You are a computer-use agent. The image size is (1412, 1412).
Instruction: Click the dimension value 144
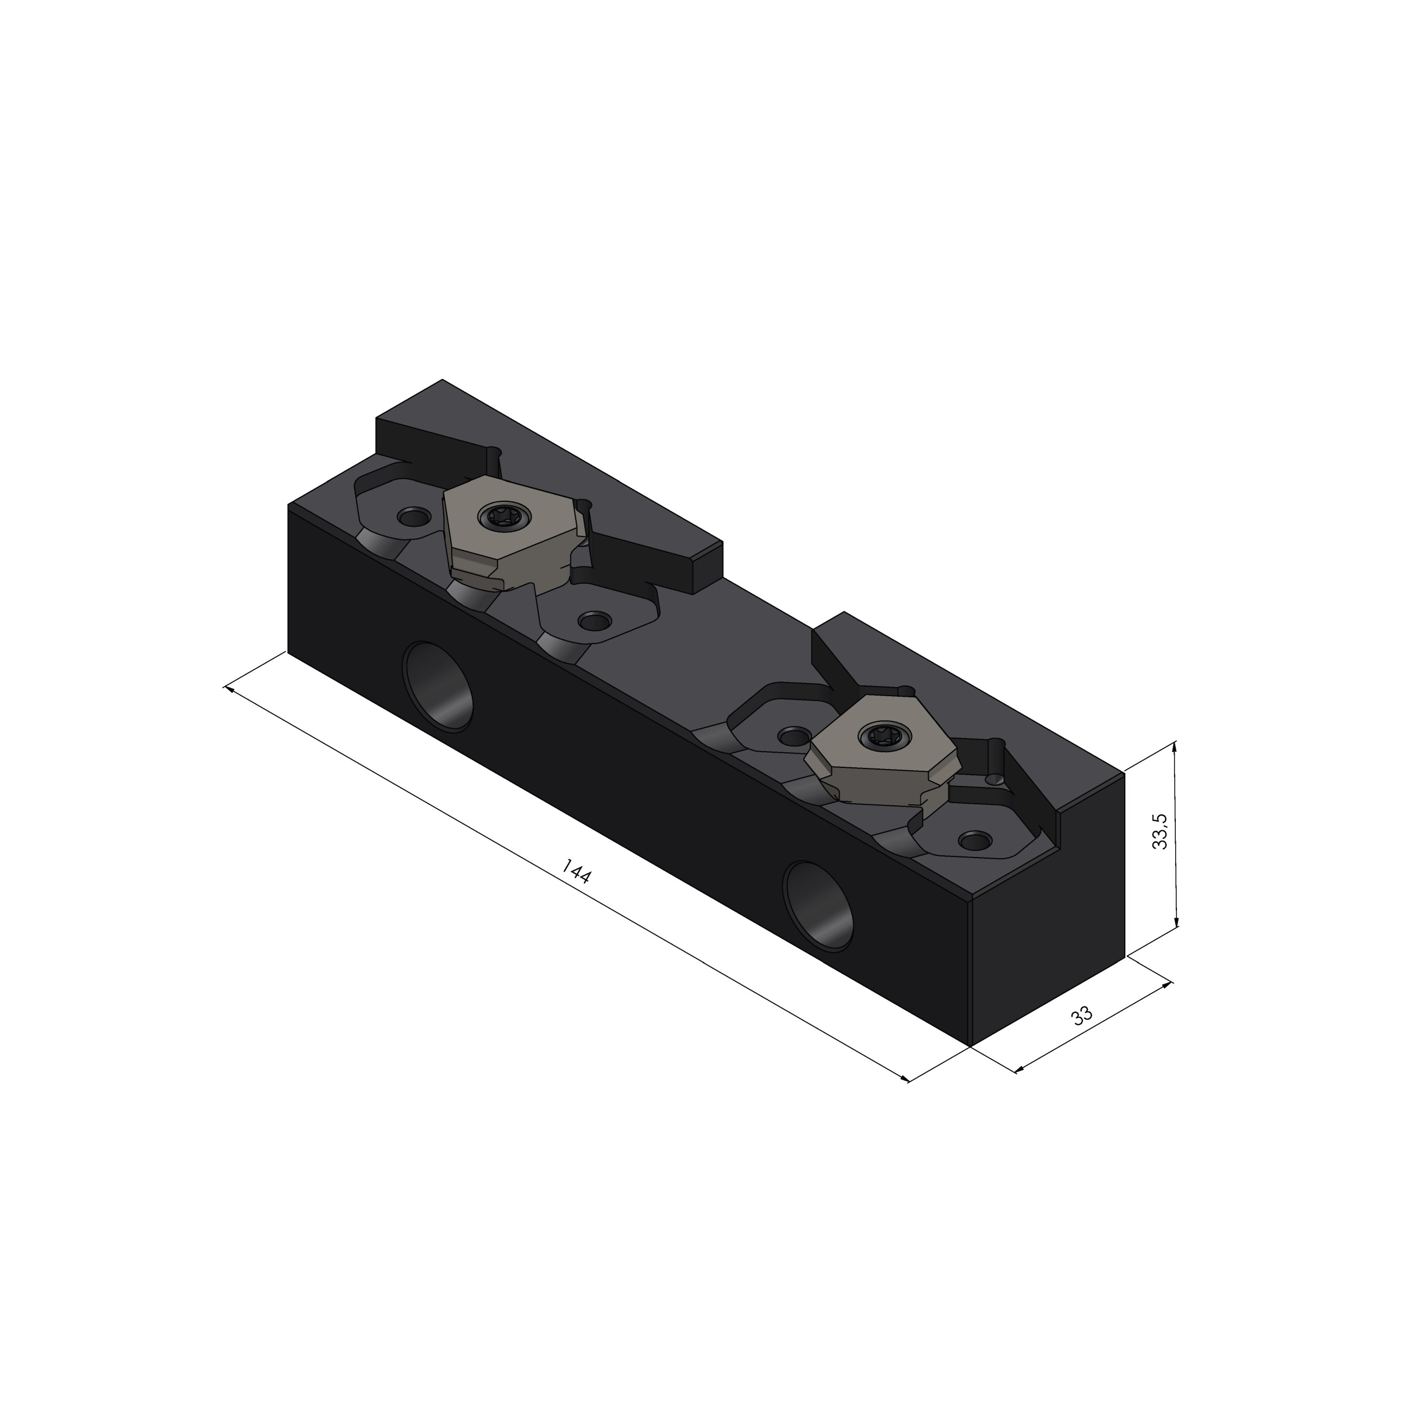(x=576, y=871)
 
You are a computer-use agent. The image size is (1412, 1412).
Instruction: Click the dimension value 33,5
(x=1160, y=831)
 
